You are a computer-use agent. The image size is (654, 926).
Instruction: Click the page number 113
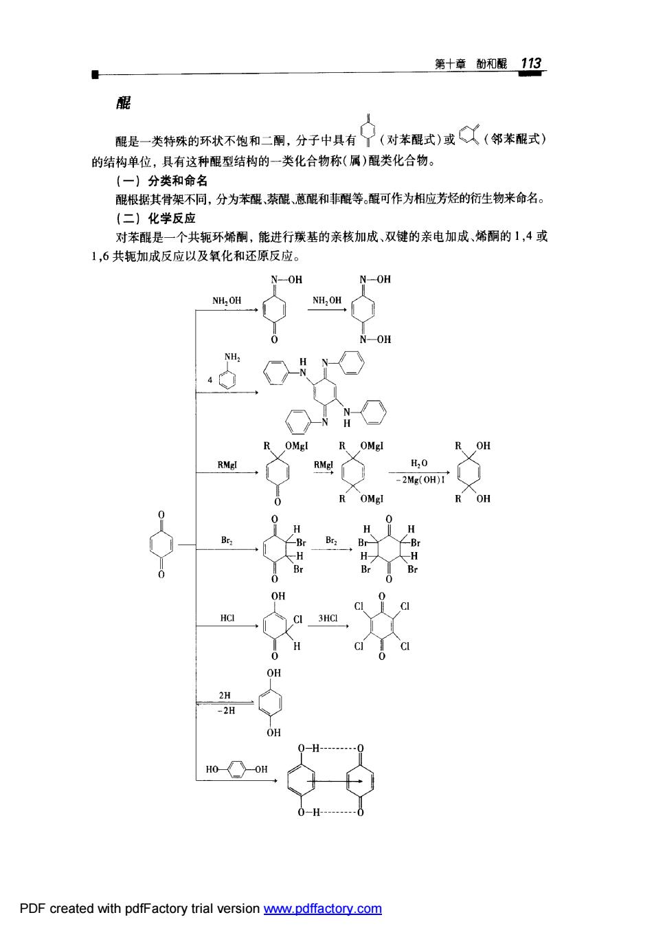coord(530,63)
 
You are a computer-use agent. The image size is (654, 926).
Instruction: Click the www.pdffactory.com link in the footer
coord(323,908)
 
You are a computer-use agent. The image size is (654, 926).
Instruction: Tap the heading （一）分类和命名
coord(161,181)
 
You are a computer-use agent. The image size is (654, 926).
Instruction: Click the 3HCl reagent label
coord(328,618)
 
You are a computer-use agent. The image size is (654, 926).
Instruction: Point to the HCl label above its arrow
coord(227,617)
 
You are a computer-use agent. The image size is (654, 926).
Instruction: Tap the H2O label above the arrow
coord(419,463)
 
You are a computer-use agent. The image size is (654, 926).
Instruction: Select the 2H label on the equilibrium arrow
coord(225,695)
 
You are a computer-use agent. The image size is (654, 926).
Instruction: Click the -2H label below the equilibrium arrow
coord(226,711)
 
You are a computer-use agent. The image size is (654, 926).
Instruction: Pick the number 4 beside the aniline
coord(210,379)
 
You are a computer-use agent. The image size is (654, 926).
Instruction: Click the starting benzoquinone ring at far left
coord(161,544)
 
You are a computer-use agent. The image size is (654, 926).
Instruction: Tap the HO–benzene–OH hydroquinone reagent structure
coord(236,769)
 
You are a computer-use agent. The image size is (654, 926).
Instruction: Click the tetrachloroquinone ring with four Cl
coord(382,626)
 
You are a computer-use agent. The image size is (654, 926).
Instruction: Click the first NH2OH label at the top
coord(227,300)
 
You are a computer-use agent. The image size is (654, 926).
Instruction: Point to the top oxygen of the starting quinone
coord(161,515)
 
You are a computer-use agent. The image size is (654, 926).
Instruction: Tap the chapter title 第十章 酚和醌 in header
coord(471,64)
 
